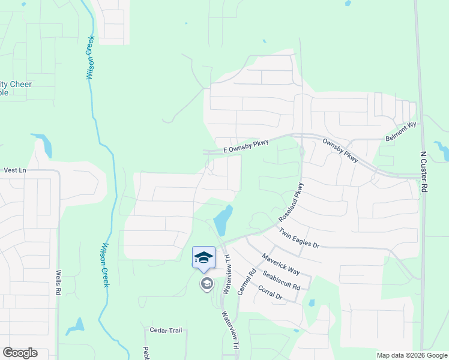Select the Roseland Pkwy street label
coord(292,202)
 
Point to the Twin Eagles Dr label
coord(299,238)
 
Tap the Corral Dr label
coord(270,293)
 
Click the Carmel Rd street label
coord(246,280)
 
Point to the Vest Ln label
coord(15,170)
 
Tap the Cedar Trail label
coord(166,331)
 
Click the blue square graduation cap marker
coord(203,257)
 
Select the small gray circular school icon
coord(207,283)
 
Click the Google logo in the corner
coord(20,353)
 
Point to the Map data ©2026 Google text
coord(411,355)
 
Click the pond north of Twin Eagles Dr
coord(223,221)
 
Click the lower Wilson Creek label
coord(105,264)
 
